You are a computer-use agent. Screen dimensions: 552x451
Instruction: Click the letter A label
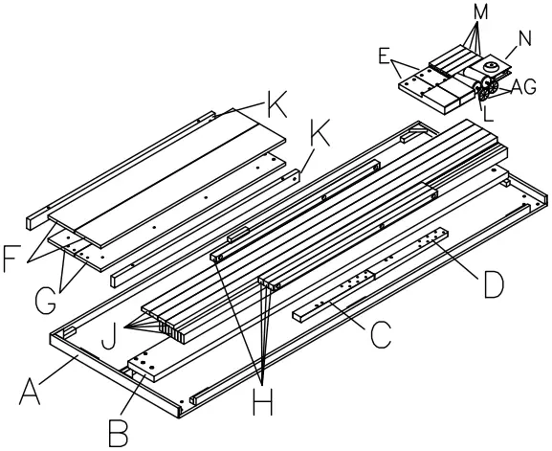30,391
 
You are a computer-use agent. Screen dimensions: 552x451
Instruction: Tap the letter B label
118,434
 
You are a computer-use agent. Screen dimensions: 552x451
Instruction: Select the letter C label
381,335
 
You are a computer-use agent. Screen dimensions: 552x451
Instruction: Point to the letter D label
494,284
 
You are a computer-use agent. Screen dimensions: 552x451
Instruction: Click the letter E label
384,56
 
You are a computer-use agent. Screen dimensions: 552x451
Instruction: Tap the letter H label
263,403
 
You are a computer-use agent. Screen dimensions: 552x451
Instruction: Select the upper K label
277,104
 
